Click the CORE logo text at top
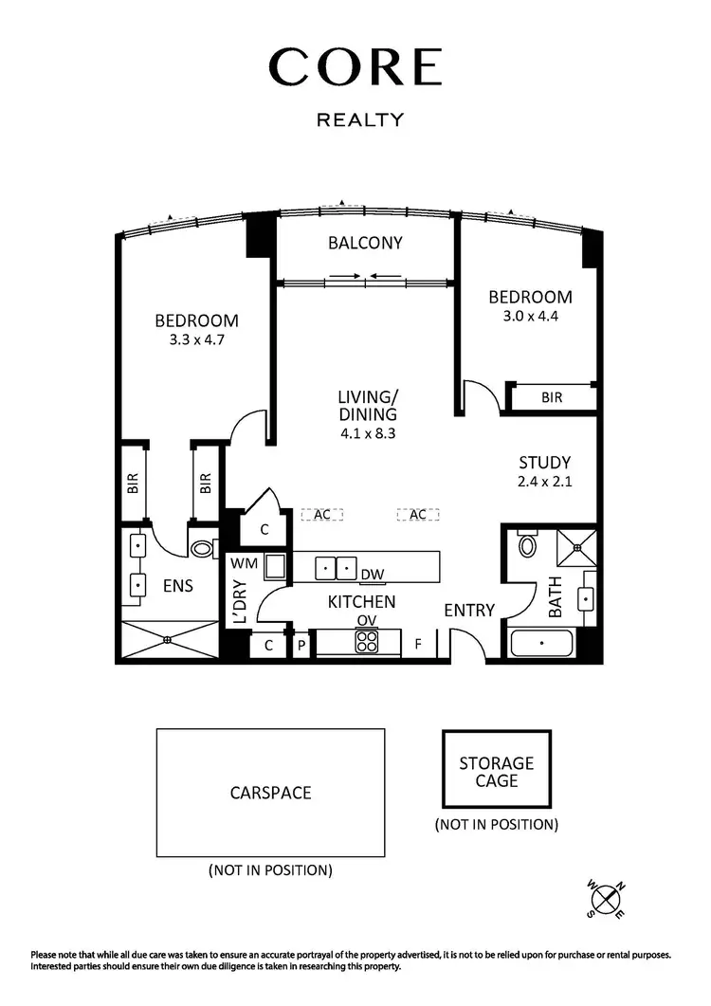pyautogui.click(x=355, y=67)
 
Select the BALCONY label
pyautogui.click(x=365, y=243)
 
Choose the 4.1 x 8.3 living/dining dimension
pyautogui.click(x=367, y=431)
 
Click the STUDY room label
pyautogui.click(x=544, y=463)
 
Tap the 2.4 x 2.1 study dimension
pyautogui.click(x=544, y=481)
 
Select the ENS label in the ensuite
pyautogui.click(x=177, y=586)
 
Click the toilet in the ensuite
pyautogui.click(x=203, y=548)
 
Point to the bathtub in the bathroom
pyautogui.click(x=541, y=643)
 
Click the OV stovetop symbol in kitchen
pyautogui.click(x=367, y=642)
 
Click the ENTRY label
pyautogui.click(x=469, y=610)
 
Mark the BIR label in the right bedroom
pyautogui.click(x=552, y=398)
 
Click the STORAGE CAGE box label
pyautogui.click(x=496, y=772)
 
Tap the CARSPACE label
pyautogui.click(x=270, y=793)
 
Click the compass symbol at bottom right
pyautogui.click(x=606, y=896)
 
